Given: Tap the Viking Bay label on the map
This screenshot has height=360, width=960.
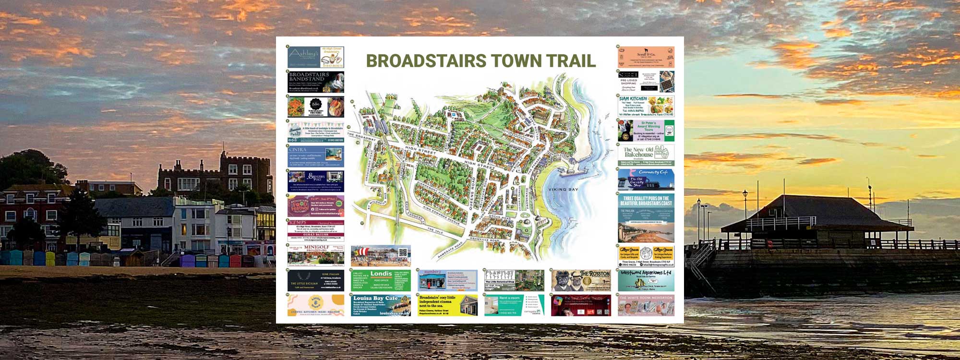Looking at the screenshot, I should pos(563,190).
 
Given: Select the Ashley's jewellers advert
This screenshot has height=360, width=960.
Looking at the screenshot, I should pos(316,57).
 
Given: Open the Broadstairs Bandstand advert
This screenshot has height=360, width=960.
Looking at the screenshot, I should pos(316,82).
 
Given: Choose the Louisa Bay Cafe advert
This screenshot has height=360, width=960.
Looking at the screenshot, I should pos(381,305).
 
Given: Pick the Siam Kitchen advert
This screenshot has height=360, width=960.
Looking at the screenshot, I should pos(646,106).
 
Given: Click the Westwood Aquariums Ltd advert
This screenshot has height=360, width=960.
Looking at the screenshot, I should pos(646,280).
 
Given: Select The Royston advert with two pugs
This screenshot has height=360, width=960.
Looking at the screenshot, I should pos(581,280).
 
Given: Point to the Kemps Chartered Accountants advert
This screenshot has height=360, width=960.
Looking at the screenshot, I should pos(316,230).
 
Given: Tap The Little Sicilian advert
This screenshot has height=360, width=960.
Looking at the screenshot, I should pos(316,280).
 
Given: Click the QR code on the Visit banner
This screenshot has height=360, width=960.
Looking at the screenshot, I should pos(403,252).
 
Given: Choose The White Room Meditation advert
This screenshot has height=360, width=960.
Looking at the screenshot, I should pos(646,305).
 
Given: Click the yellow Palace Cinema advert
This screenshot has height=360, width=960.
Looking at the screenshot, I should pos(447,305).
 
